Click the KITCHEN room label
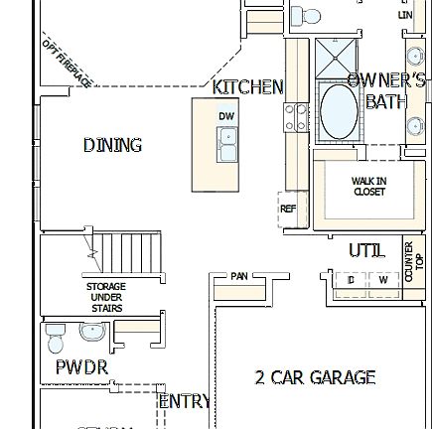tap(247, 87)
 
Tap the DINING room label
tap(112, 145)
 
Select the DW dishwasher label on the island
tap(226, 116)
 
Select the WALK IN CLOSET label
tap(368, 186)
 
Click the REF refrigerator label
tap(288, 209)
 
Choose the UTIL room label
tap(366, 251)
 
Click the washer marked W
tap(382, 281)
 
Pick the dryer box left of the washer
tap(350, 281)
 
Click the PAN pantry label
tap(239, 276)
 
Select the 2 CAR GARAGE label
tap(315, 377)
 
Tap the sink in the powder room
tap(92, 332)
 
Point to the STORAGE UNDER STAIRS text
tap(106, 297)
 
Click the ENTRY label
tap(185, 401)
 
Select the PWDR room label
tap(81, 367)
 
